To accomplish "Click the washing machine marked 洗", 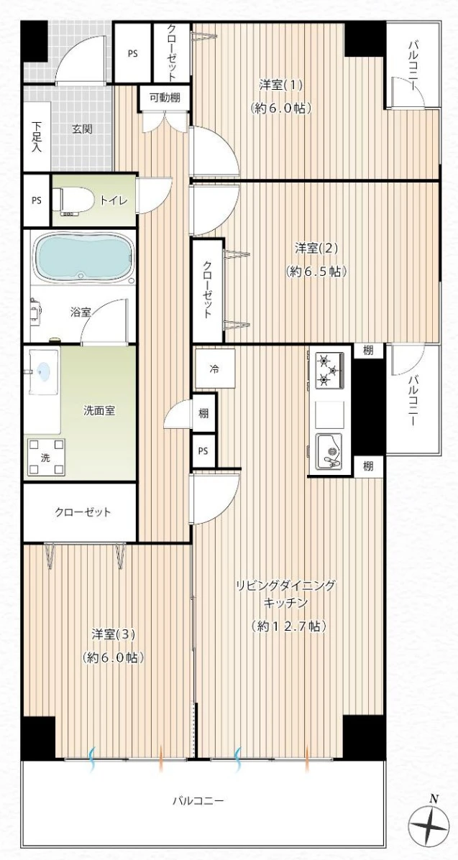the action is [x=46, y=457].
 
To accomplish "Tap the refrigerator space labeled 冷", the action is [x=215, y=369].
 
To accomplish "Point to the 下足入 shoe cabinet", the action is [x=36, y=137].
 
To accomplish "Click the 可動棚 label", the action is [x=165, y=98].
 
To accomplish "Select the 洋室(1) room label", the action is [x=281, y=85].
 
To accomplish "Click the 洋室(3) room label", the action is [x=113, y=634].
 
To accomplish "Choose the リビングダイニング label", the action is [x=285, y=586].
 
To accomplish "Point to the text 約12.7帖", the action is [x=288, y=626].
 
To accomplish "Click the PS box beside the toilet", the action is [x=36, y=200].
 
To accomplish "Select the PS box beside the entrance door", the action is [x=132, y=53].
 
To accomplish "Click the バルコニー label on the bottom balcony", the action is [x=198, y=801].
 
